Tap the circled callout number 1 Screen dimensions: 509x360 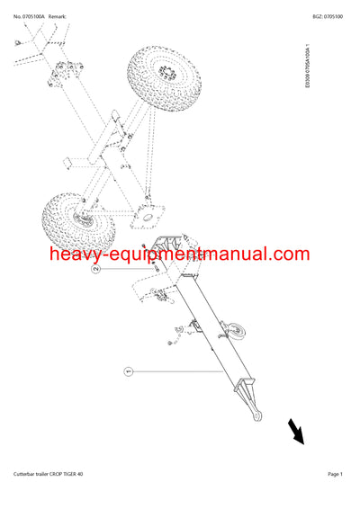click(x=128, y=370)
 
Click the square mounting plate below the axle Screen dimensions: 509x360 click(x=143, y=216)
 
